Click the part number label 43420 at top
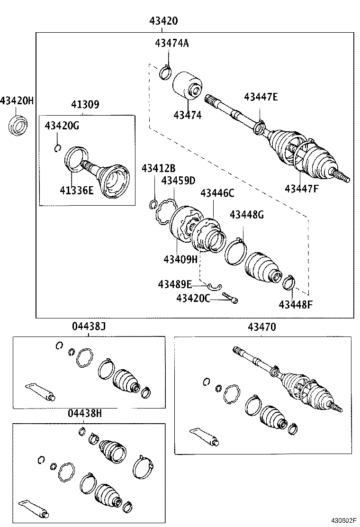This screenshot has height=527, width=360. [163, 21]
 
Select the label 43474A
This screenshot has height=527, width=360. [171, 43]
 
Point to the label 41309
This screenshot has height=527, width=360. [85, 105]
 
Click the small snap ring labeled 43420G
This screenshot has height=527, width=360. [58, 148]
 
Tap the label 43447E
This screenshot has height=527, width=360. [261, 97]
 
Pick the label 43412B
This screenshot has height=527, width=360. [159, 169]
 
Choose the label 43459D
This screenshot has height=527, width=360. [178, 181]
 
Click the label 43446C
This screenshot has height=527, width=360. [217, 193]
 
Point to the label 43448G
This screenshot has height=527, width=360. [246, 215]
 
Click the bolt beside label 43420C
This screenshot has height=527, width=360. [230, 297]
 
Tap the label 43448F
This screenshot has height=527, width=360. [296, 304]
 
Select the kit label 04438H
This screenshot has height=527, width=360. [87, 414]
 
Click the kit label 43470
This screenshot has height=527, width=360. [261, 327]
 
